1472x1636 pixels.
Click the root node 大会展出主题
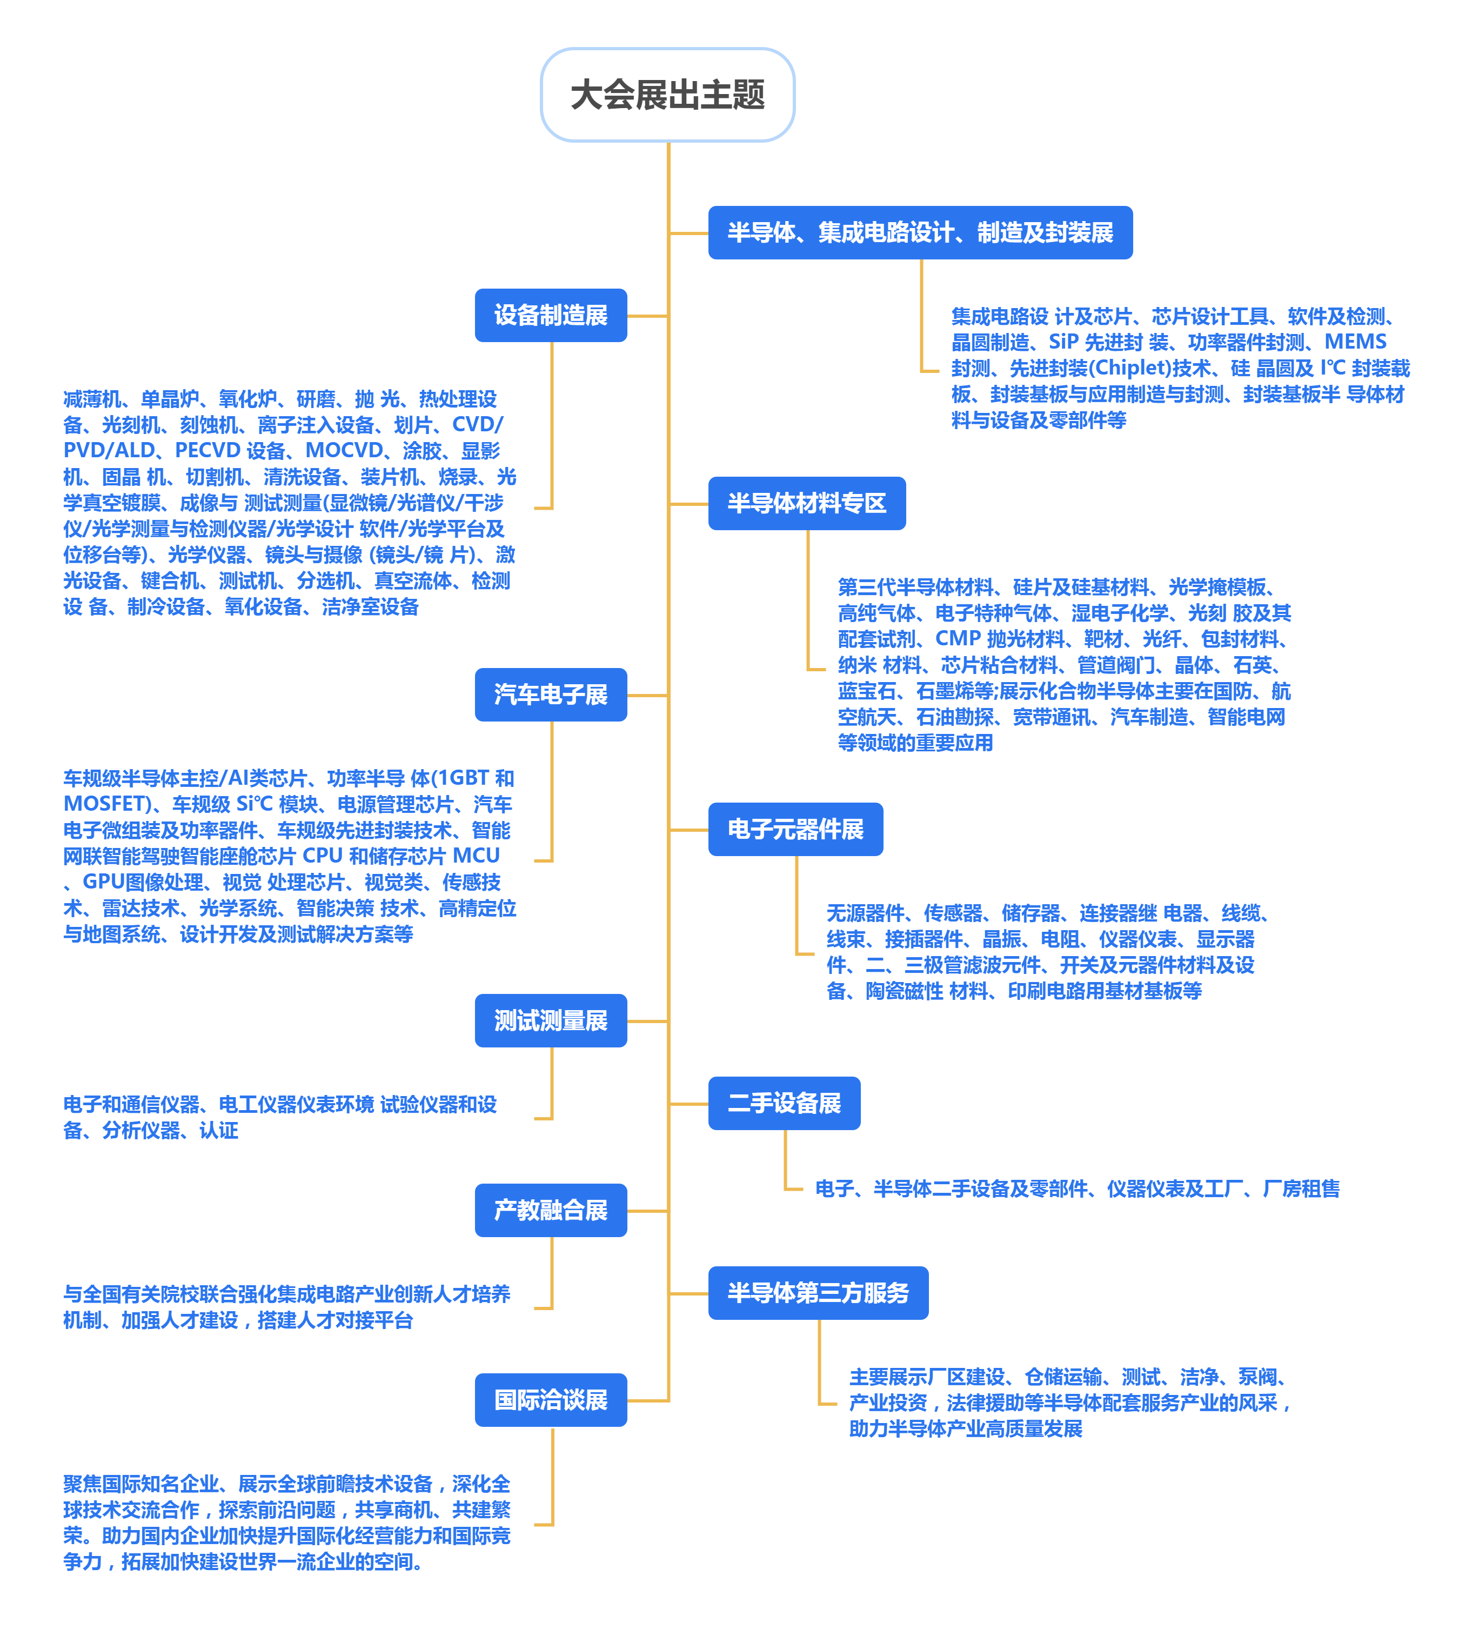(667, 95)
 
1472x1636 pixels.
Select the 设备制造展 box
(551, 316)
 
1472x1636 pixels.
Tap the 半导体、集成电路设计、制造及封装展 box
(920, 233)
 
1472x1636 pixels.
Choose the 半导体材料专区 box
(806, 503)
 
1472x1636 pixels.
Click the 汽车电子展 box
(551, 695)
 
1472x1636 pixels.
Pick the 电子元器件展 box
(795, 829)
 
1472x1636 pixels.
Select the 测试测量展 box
(551, 1020)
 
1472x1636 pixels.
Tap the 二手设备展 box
(784, 1103)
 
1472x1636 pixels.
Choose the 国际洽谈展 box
(551, 1400)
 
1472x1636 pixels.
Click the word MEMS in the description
(1355, 342)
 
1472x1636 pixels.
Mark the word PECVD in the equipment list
(207, 450)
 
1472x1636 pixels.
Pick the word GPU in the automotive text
(102, 882)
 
